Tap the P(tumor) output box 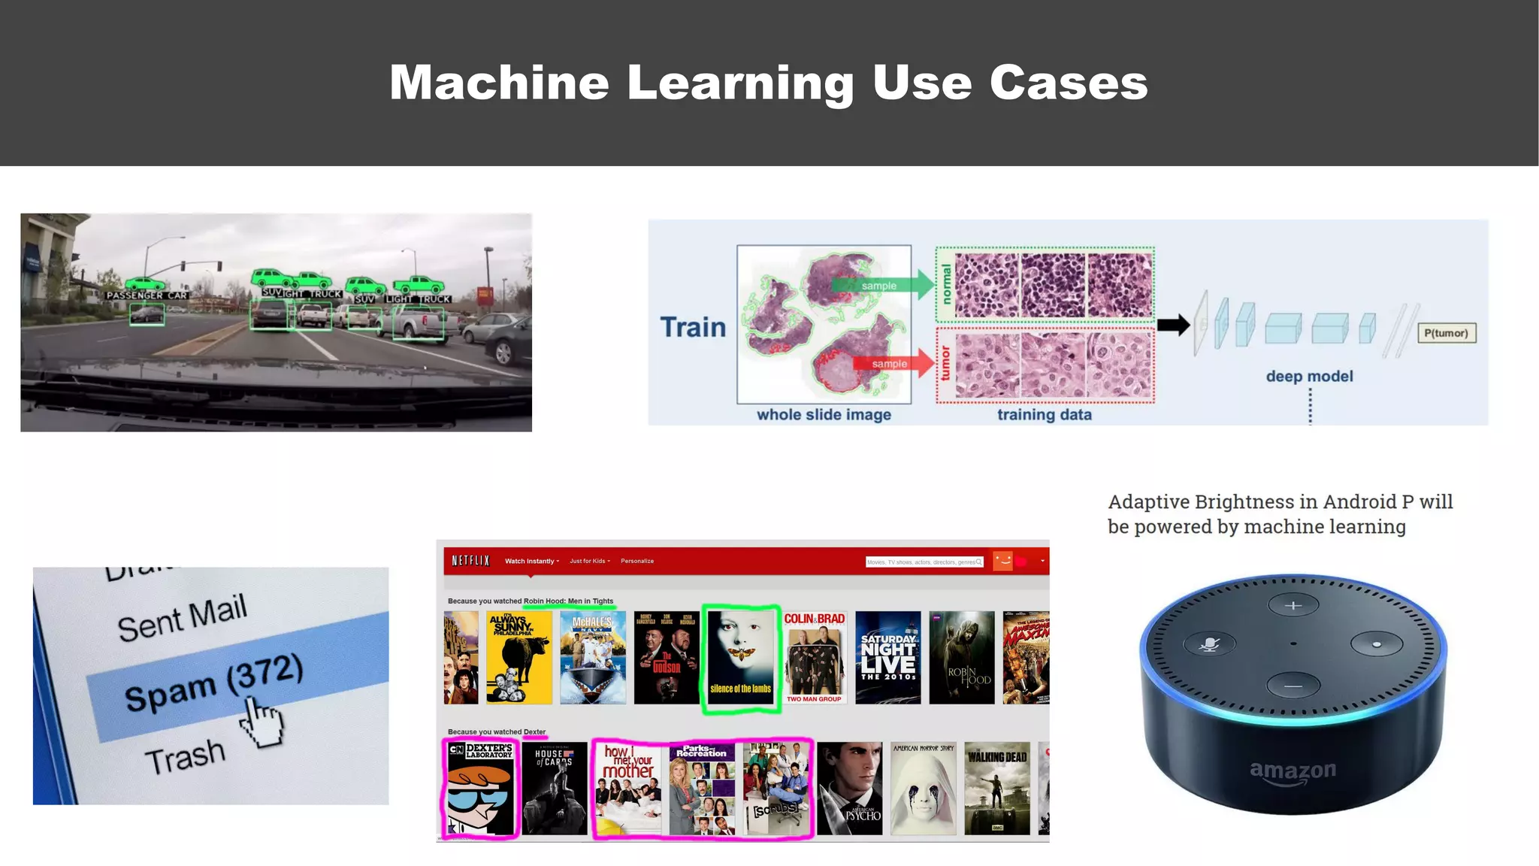tap(1446, 333)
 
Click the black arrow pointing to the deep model tap(1173, 325)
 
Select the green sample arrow tap(882, 285)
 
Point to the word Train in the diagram tap(693, 328)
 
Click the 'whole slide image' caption tap(824, 415)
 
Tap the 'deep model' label tap(1309, 377)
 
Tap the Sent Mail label tap(182, 617)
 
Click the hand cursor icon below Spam tap(262, 722)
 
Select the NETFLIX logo tap(470, 561)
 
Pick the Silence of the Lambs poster tap(741, 659)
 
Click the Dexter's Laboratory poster tap(480, 789)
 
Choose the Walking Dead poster tap(997, 789)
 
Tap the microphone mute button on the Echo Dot tap(1209, 644)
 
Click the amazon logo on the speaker tap(1293, 771)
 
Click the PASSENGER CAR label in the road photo tap(147, 295)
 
